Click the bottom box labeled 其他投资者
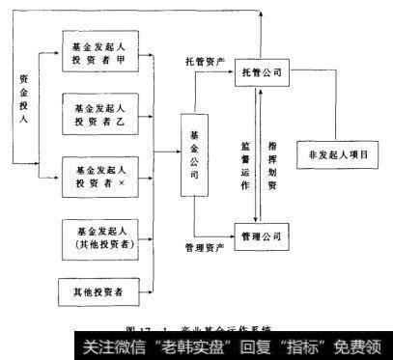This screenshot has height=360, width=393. point(99,290)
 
